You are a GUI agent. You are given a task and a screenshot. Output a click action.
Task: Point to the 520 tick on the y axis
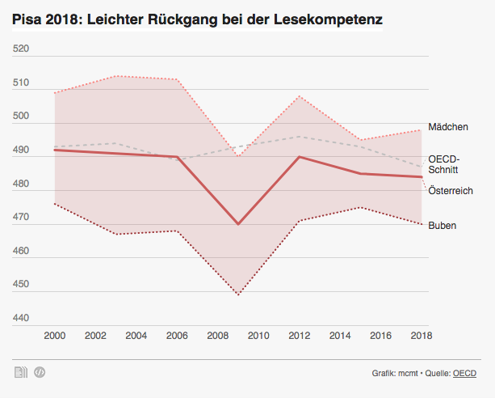click(x=22, y=49)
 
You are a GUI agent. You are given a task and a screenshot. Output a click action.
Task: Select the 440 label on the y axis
click(x=22, y=319)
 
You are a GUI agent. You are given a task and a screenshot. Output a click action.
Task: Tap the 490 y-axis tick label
click(x=22, y=150)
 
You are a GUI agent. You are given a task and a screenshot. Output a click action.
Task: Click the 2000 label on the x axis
click(x=54, y=336)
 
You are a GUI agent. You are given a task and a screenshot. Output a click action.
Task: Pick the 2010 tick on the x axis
click(x=258, y=336)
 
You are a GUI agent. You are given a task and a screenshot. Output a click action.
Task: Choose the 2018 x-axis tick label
click(x=420, y=336)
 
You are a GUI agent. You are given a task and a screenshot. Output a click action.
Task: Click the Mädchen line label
click(x=448, y=127)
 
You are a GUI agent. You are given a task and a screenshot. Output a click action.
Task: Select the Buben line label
click(x=442, y=226)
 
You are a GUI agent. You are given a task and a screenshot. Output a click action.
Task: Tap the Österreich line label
click(x=451, y=191)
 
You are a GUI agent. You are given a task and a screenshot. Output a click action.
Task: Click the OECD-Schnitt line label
click(x=445, y=165)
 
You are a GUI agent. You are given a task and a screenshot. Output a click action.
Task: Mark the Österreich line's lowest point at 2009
click(x=237, y=224)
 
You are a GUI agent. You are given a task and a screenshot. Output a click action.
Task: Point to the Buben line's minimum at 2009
click(x=237, y=294)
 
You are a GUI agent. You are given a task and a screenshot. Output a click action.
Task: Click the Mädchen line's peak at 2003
click(x=115, y=76)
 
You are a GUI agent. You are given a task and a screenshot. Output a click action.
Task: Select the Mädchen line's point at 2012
click(x=299, y=96)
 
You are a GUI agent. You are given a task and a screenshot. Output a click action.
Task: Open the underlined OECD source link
click(x=464, y=374)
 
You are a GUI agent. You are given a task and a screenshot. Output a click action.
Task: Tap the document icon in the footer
click(x=19, y=372)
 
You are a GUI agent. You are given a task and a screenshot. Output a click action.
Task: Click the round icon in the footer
click(x=38, y=372)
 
